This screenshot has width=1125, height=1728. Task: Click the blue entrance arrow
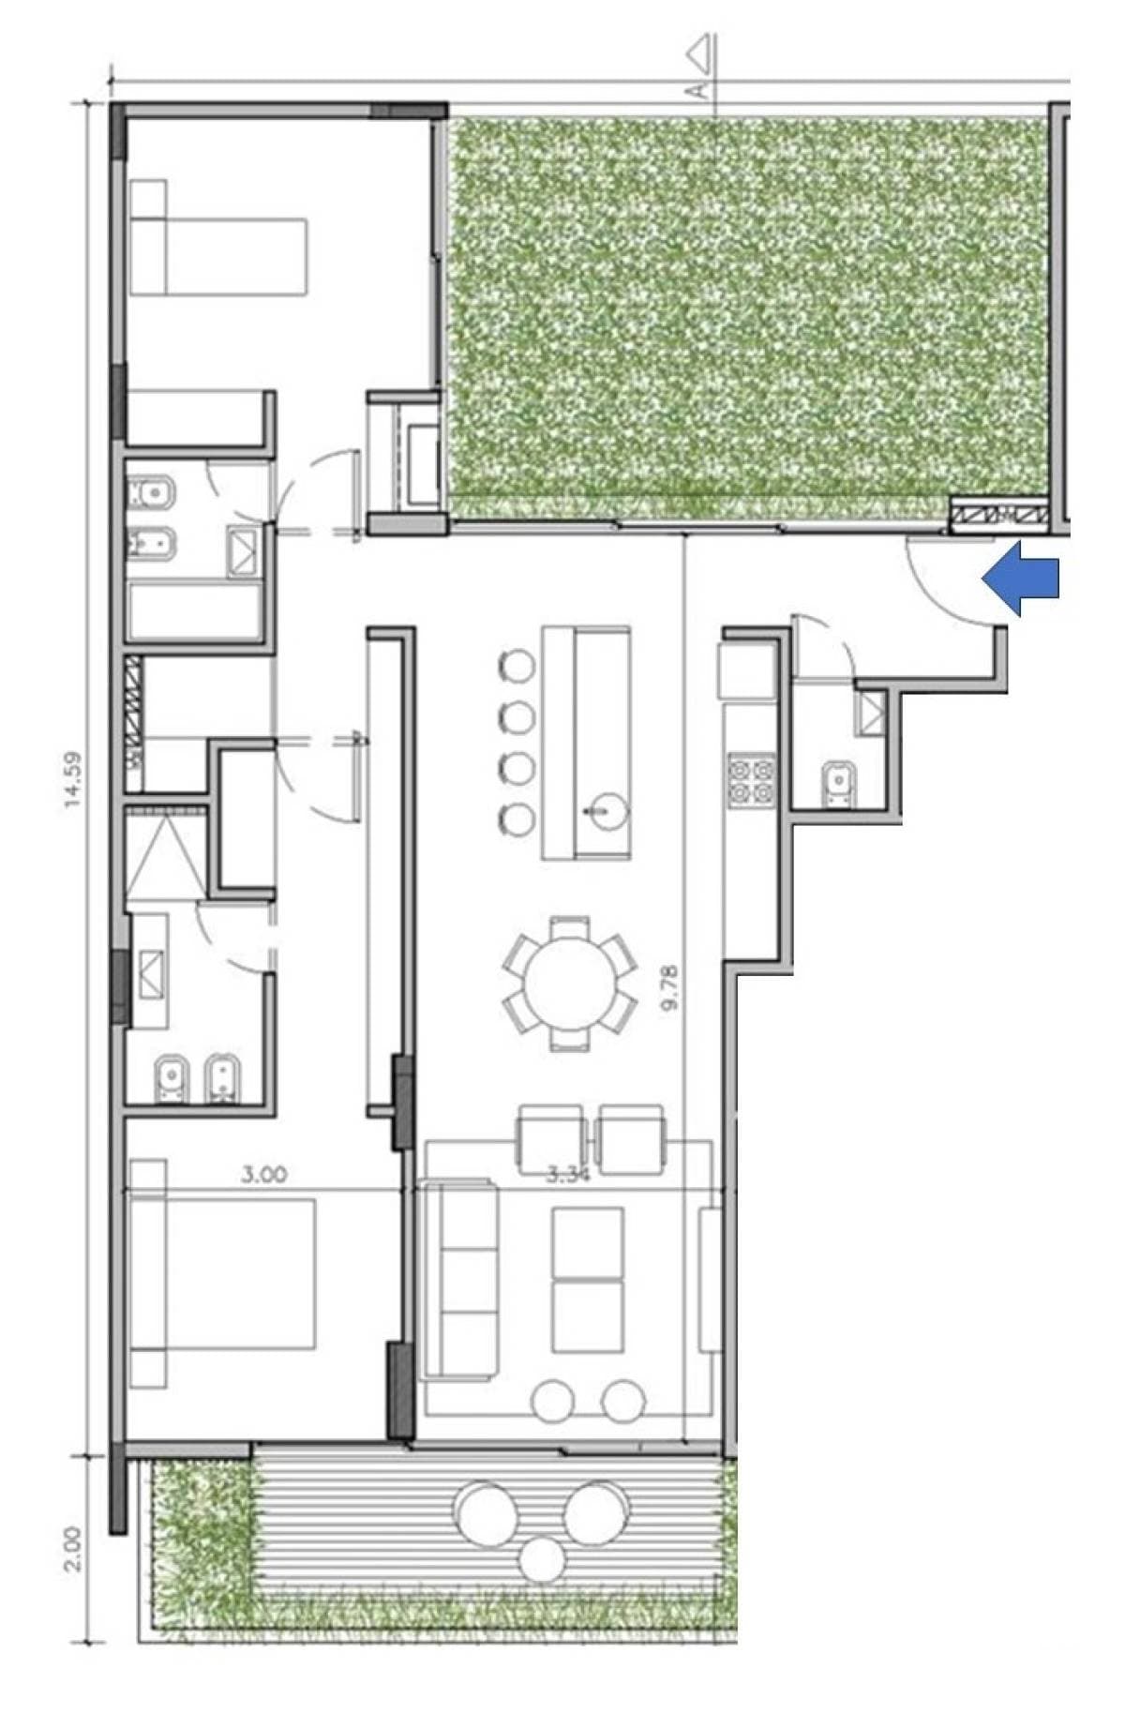[1022, 582]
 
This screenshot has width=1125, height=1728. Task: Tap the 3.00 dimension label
[264, 1174]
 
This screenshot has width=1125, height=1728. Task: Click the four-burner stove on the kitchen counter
[752, 780]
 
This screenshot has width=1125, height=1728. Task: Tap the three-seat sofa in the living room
[459, 1280]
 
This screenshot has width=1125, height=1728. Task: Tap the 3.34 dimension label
[568, 1175]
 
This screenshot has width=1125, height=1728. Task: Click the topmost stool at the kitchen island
[517, 665]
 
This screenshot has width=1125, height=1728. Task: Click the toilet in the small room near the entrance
[836, 784]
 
